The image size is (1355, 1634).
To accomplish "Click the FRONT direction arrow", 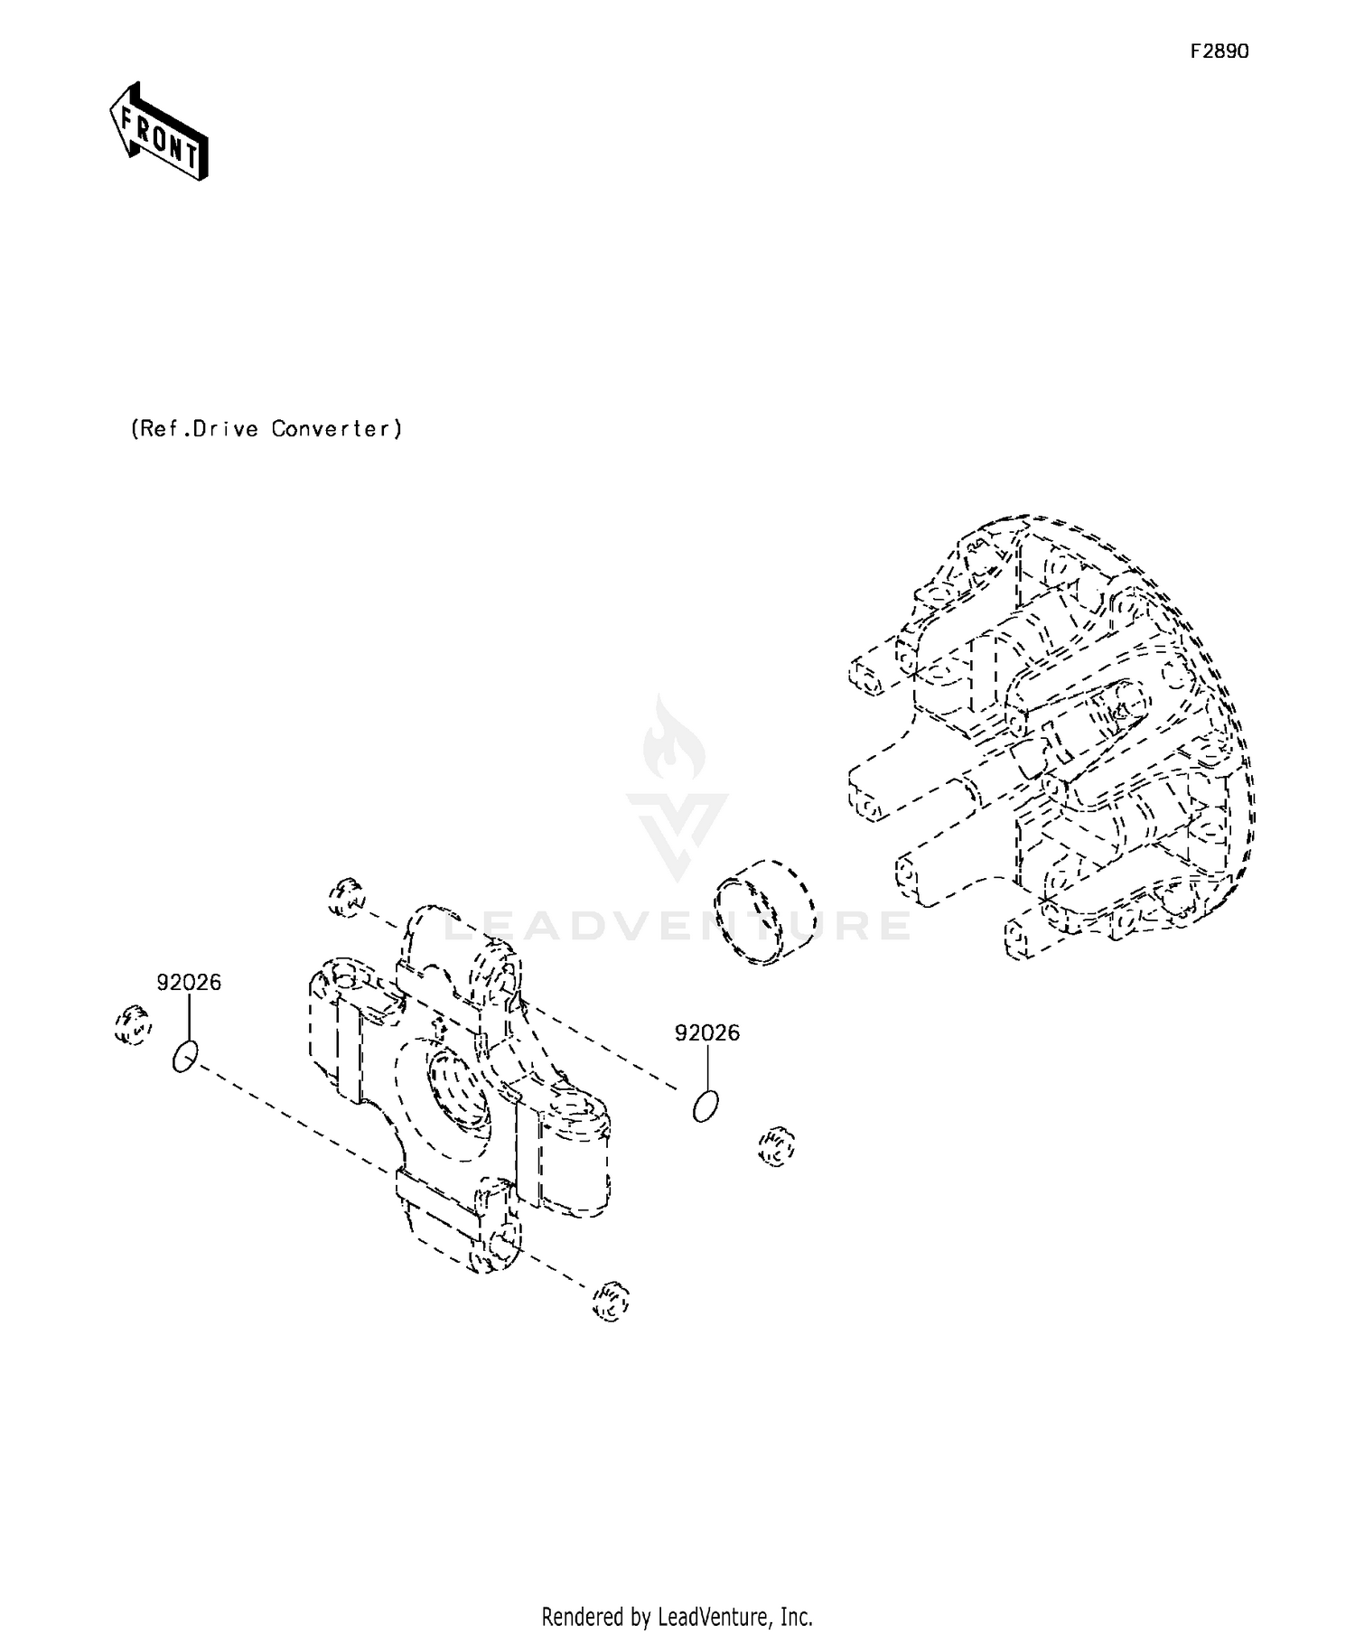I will coord(159,132).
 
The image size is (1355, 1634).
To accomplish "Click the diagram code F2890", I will coord(1219,51).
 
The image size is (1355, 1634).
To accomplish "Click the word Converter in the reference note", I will coord(335,428).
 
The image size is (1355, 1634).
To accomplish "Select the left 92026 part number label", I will coord(189,982).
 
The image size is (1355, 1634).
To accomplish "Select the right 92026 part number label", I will coord(706,1032).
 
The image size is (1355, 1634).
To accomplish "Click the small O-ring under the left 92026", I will coord(184,1056).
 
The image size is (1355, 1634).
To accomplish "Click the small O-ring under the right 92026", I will coord(706,1106).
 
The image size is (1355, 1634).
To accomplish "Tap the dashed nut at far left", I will coord(133,1025).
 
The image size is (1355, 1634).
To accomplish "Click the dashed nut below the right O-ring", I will coord(775,1146).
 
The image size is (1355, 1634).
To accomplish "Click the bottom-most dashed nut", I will coord(610,1302).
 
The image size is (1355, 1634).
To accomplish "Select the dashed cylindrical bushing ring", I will coord(764,913).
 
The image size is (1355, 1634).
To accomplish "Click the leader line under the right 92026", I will coord(706,1068).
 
